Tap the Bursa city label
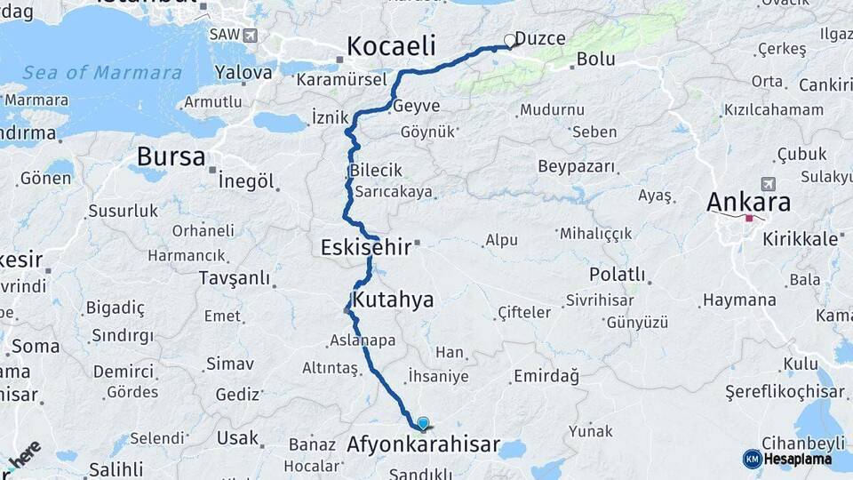[171, 157]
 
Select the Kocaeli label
[391, 46]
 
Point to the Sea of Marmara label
[102, 73]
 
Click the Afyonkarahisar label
[423, 444]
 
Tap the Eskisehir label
[366, 247]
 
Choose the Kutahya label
[393, 300]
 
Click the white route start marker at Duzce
[510, 40]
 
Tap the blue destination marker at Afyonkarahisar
[423, 424]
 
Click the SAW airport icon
[249, 36]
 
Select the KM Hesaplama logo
[787, 459]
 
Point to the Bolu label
[596, 60]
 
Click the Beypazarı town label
[577, 166]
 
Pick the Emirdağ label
[546, 376]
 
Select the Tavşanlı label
[235, 278]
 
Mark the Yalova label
[243, 73]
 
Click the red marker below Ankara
[750, 218]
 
